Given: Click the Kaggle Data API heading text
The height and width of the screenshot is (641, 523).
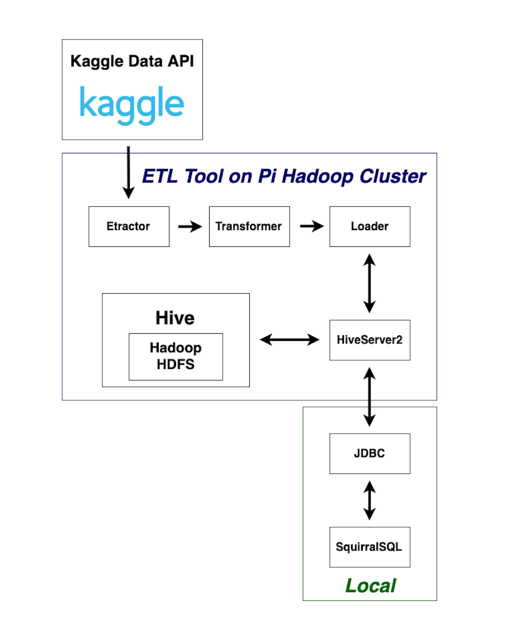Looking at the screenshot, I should pyautogui.click(x=132, y=61).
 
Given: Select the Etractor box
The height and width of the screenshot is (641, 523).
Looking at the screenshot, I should pyautogui.click(x=129, y=227).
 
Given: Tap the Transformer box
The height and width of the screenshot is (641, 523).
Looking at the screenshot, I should pyautogui.click(x=249, y=227).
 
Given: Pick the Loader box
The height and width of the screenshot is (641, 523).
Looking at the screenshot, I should pyautogui.click(x=370, y=227).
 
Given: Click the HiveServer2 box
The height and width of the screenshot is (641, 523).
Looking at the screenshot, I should pyautogui.click(x=370, y=340).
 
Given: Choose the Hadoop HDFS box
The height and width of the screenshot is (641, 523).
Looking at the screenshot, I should pyautogui.click(x=176, y=357).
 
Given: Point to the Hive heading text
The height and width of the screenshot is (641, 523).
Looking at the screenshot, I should pyautogui.click(x=175, y=318).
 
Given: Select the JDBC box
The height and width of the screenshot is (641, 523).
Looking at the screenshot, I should pyautogui.click(x=370, y=454).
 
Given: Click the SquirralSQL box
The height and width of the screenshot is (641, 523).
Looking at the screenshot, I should pyautogui.click(x=370, y=547).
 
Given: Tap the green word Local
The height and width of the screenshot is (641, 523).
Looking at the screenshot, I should pyautogui.click(x=370, y=586).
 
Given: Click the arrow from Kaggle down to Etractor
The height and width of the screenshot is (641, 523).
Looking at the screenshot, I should pyautogui.click(x=129, y=173).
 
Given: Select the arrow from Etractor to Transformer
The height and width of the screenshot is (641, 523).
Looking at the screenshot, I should pyautogui.click(x=190, y=227).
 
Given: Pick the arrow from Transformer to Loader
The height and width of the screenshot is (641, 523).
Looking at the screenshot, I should pyautogui.click(x=311, y=226).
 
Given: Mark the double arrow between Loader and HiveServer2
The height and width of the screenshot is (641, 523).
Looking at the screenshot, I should pyautogui.click(x=370, y=283).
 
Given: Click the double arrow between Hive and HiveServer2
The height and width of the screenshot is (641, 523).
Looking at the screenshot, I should pyautogui.click(x=289, y=339).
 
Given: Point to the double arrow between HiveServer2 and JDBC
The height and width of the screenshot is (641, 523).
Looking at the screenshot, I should pyautogui.click(x=370, y=397).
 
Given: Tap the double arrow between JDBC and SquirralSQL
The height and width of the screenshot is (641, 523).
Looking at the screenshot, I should pyautogui.click(x=370, y=500).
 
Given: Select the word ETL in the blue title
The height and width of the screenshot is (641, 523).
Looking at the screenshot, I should pyautogui.click(x=160, y=176).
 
